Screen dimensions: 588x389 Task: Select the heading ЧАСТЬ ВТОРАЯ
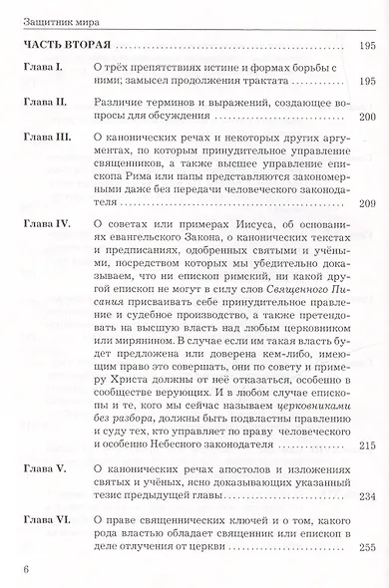(x=64, y=46)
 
